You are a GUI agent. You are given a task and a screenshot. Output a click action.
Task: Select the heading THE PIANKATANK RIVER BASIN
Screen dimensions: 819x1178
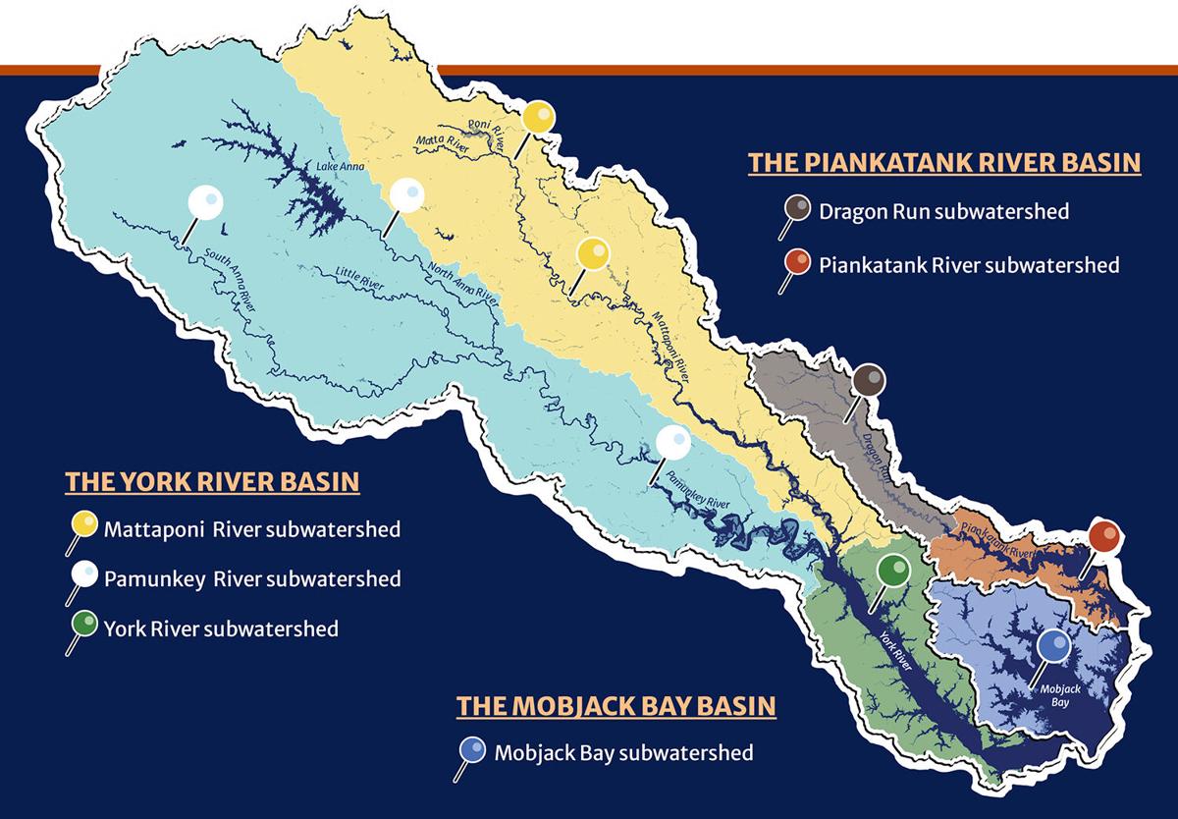pos(944,163)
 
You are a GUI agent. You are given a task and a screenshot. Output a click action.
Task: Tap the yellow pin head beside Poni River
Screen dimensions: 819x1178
pos(538,118)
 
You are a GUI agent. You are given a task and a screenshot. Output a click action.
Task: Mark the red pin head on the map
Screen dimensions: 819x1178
pos(1104,537)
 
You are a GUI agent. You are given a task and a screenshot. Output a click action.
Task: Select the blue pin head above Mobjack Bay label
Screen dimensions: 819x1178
pos(1053,645)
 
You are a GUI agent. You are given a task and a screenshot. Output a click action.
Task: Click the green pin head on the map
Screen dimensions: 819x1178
pos(892,570)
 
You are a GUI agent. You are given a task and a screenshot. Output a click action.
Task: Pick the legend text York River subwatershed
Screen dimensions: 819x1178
pos(221,628)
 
